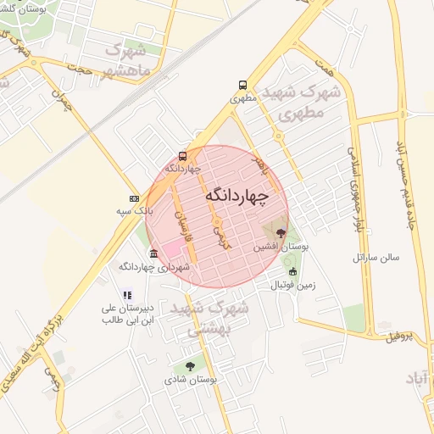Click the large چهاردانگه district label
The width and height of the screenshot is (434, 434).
pos(236,196)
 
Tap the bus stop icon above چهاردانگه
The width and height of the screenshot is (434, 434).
pos(182,156)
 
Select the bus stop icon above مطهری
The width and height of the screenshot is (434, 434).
pos(243,85)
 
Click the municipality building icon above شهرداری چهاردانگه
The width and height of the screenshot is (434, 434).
pos(153,254)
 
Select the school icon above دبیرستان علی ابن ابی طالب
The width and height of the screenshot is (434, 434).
pos(127,295)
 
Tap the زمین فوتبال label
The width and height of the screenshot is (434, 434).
pos(292,285)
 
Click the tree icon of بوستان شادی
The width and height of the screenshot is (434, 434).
pos(189,366)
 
